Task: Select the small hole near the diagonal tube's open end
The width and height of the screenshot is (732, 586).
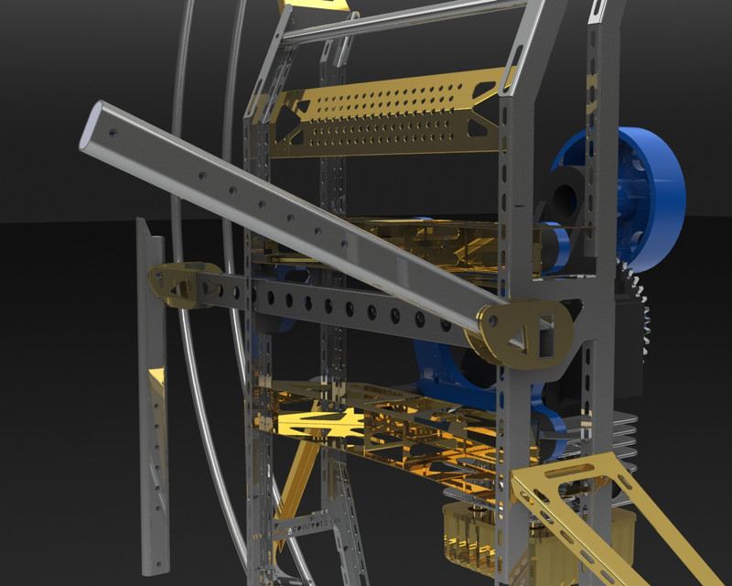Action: (113, 134)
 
